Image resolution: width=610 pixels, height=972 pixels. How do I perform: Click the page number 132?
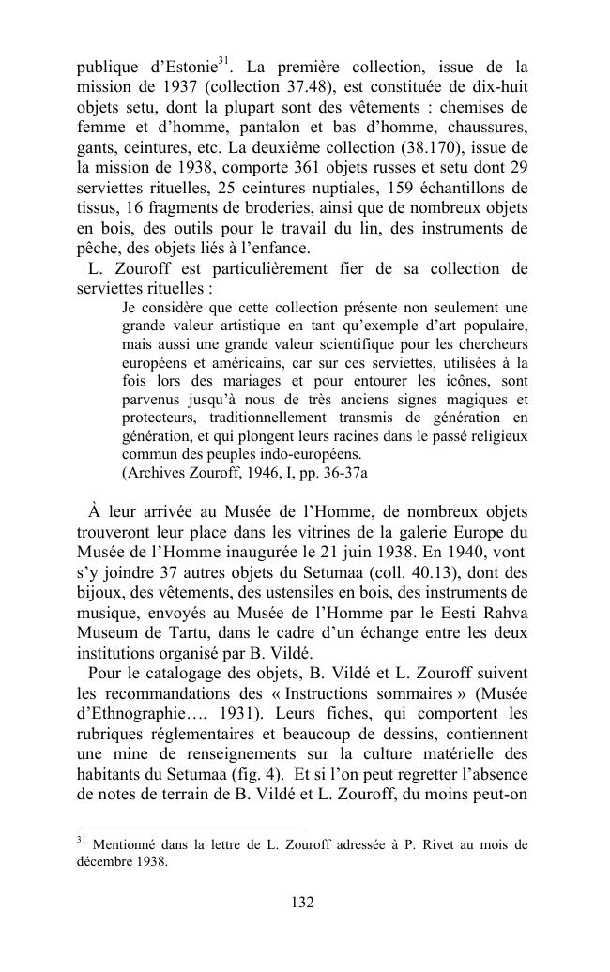point(302,903)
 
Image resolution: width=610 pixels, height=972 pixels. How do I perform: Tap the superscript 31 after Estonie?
point(223,63)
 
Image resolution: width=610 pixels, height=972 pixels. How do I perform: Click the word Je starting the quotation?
point(130,308)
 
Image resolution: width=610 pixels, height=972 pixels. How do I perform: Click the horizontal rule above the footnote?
point(191,828)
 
